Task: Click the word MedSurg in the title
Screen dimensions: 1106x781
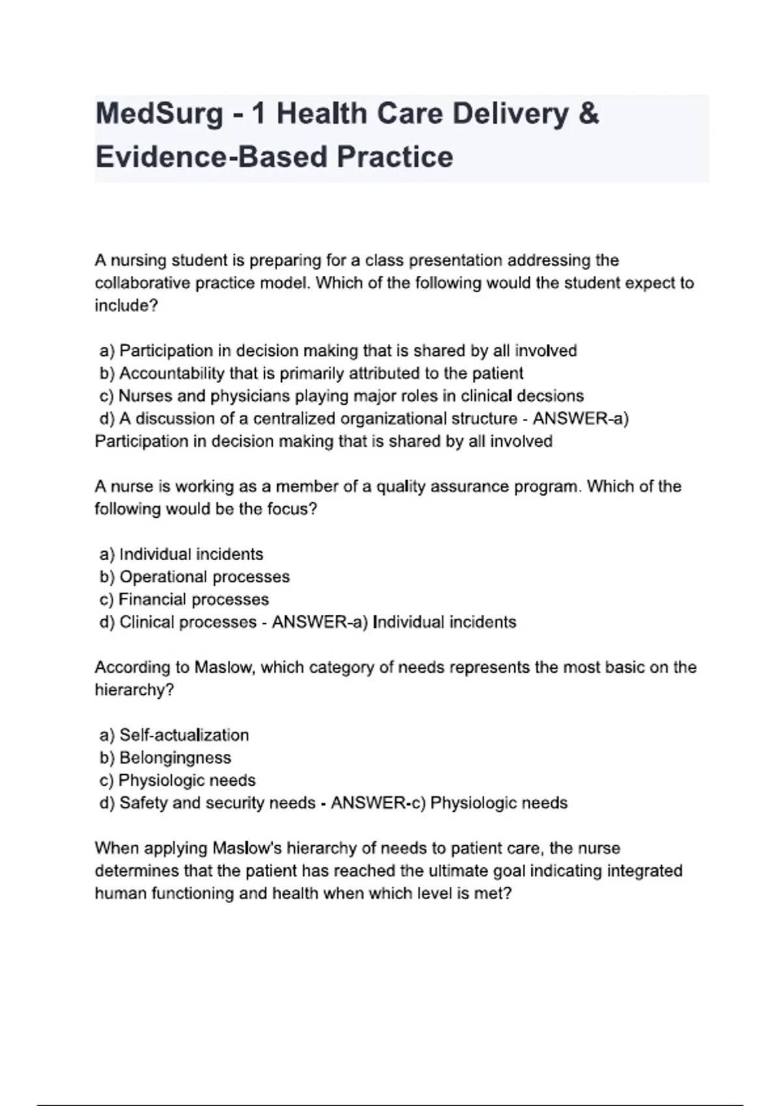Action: coord(159,114)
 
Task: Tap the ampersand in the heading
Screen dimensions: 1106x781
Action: coord(588,114)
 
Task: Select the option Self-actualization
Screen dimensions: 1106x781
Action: coord(184,735)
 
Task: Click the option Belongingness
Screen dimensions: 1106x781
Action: coord(175,758)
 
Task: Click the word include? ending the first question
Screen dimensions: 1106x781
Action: coord(126,306)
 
